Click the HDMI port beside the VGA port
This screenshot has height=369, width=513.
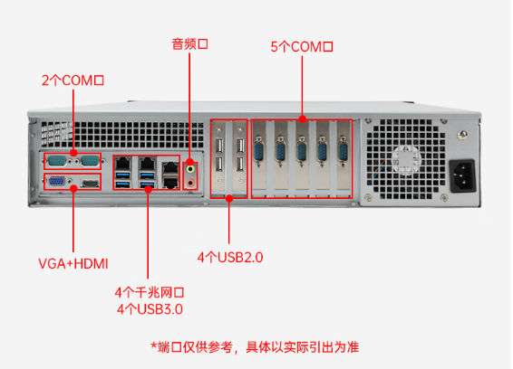pyautogui.click(x=90, y=184)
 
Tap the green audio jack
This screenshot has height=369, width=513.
pyautogui.click(x=191, y=166)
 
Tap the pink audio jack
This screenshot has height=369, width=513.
pyautogui.click(x=191, y=181)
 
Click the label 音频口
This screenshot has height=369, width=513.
pyautogui.click(x=190, y=43)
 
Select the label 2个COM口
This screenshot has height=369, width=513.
pyautogui.click(x=73, y=80)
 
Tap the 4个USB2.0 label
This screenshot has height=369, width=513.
pyautogui.click(x=229, y=257)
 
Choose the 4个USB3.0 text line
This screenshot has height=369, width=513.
pyautogui.click(x=150, y=308)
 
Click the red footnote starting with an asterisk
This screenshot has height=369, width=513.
pyautogui.click(x=255, y=346)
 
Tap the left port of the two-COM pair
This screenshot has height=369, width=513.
pyautogui.click(x=57, y=160)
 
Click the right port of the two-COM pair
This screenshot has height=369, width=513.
pyautogui.click(x=89, y=160)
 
